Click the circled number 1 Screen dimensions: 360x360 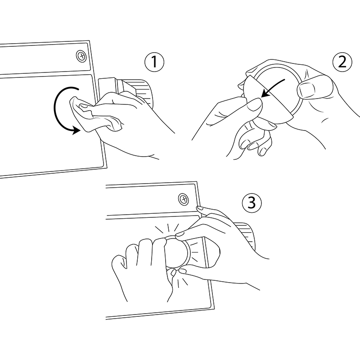(154, 62)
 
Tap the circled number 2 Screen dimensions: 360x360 (342, 62)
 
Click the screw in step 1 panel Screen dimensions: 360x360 (81, 56)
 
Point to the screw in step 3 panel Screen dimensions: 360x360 (184, 199)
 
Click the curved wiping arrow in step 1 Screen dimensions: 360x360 (54, 108)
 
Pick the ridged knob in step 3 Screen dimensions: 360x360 (246, 234)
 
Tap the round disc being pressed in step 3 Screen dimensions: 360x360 (177, 252)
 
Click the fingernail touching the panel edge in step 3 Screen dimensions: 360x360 (200, 208)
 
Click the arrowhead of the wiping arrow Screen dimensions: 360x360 (76, 130)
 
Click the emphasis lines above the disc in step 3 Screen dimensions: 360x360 (167, 228)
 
